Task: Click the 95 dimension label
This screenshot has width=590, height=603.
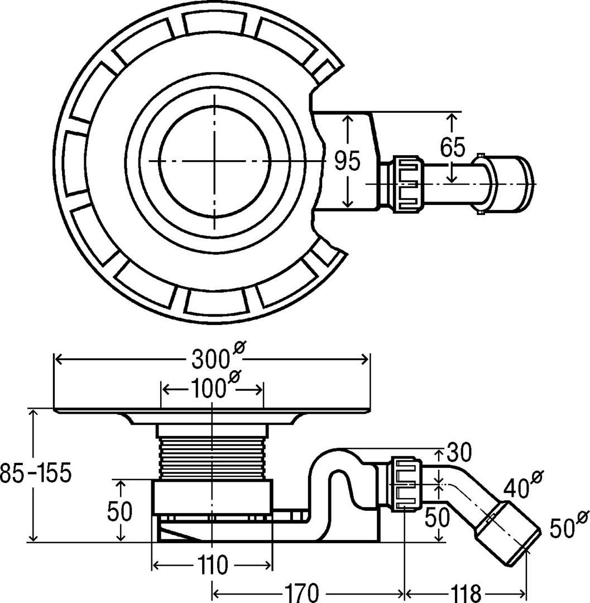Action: click(347, 162)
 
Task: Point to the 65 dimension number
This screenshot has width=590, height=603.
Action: click(452, 147)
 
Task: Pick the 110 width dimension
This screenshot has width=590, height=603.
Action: click(213, 566)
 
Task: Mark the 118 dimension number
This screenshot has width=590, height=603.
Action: click(465, 591)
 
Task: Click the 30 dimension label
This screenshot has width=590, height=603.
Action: click(459, 450)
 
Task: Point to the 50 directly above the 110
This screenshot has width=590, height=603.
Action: click(120, 511)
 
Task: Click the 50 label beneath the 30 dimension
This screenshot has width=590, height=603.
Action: click(437, 518)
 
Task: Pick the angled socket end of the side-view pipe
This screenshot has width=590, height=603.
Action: click(506, 532)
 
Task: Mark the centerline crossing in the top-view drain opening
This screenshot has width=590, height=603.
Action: click(214, 160)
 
